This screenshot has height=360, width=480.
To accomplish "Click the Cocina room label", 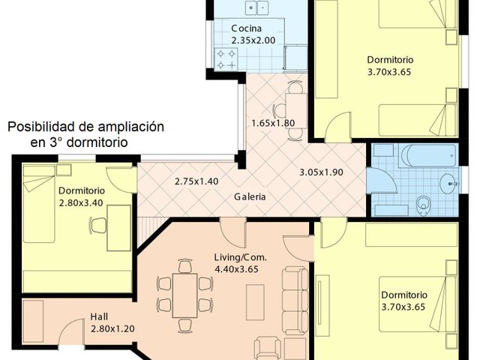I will [246, 29].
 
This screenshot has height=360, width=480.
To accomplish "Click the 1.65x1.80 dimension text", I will [273, 123].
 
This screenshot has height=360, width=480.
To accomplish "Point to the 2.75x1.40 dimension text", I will [196, 181].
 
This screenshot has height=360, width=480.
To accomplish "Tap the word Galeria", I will [250, 198].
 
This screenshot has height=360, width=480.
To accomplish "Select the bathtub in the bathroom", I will [428, 156].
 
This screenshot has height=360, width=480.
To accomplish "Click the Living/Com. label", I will [240, 257].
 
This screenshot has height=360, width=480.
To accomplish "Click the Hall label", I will [100, 316].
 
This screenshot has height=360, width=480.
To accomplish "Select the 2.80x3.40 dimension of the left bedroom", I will [82, 202].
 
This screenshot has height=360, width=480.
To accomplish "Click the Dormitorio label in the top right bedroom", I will [389, 60].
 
